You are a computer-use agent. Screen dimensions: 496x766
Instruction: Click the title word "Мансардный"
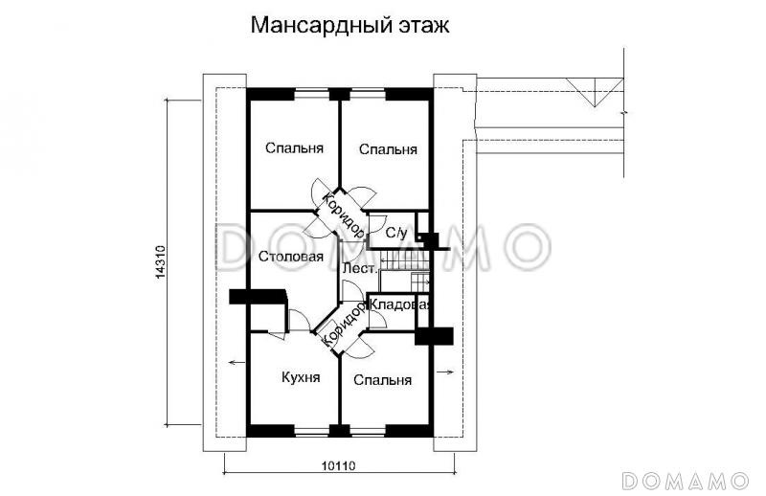click(304, 26)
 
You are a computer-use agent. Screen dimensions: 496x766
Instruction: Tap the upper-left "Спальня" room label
click(294, 148)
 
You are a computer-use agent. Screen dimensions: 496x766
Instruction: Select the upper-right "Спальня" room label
click(388, 149)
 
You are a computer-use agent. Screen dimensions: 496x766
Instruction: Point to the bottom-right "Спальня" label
click(382, 380)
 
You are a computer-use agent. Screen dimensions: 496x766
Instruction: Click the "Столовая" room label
click(291, 256)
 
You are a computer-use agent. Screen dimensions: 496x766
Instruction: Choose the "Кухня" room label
click(300, 377)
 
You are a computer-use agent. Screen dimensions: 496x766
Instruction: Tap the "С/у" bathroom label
click(396, 233)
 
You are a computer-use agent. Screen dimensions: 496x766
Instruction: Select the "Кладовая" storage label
click(401, 304)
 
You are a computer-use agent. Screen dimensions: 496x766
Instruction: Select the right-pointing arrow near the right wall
click(445, 372)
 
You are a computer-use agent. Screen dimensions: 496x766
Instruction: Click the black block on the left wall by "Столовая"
click(259, 298)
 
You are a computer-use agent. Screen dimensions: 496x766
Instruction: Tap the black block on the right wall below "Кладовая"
click(434, 335)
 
